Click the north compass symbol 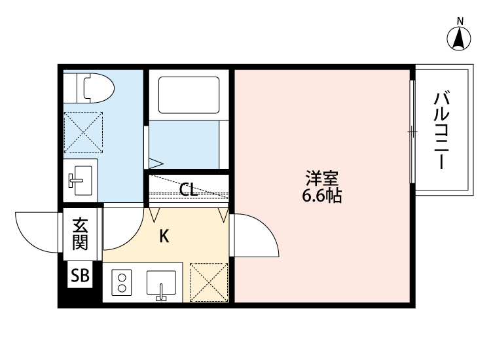coord(460,39)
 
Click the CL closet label coord(188,190)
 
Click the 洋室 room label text coord(322,178)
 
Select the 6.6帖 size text coord(322,196)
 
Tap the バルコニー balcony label coord(443,131)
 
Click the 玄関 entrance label coord(80,234)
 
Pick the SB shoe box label coord(80,276)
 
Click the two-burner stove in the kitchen coord(122,283)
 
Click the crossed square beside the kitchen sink coord(209,283)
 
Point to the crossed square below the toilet coord(83,132)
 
